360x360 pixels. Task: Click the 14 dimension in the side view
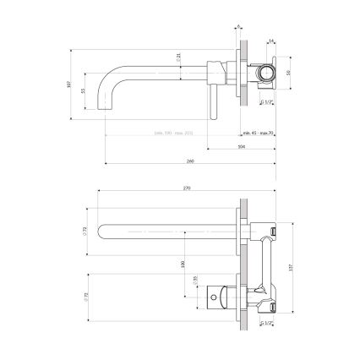click(x=270, y=39)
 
